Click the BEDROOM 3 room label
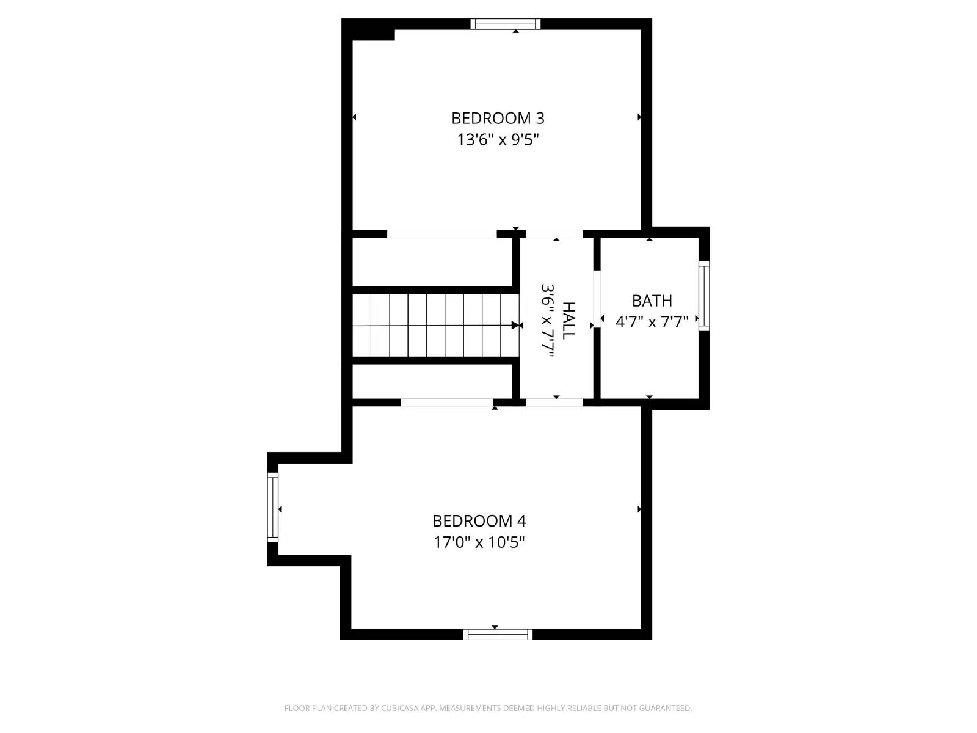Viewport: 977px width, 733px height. coord(498,118)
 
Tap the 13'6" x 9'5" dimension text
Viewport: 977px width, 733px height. coord(498,140)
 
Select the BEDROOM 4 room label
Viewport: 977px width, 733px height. coord(479,521)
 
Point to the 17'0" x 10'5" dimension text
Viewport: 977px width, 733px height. coord(479,542)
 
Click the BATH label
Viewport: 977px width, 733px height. coord(652,301)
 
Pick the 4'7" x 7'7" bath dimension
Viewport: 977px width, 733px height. coord(652,322)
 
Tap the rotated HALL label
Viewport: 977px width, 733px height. coord(568,321)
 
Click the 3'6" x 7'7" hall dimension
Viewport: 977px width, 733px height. coord(547,324)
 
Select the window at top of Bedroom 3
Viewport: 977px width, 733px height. coord(506,24)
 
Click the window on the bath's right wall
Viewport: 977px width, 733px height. coord(704,296)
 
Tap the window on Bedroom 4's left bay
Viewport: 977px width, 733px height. coord(272,507)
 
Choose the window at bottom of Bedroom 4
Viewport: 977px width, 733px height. coord(498,635)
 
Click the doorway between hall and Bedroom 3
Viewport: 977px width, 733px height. coord(554,234)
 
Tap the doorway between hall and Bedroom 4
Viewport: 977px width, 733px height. coord(554,402)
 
